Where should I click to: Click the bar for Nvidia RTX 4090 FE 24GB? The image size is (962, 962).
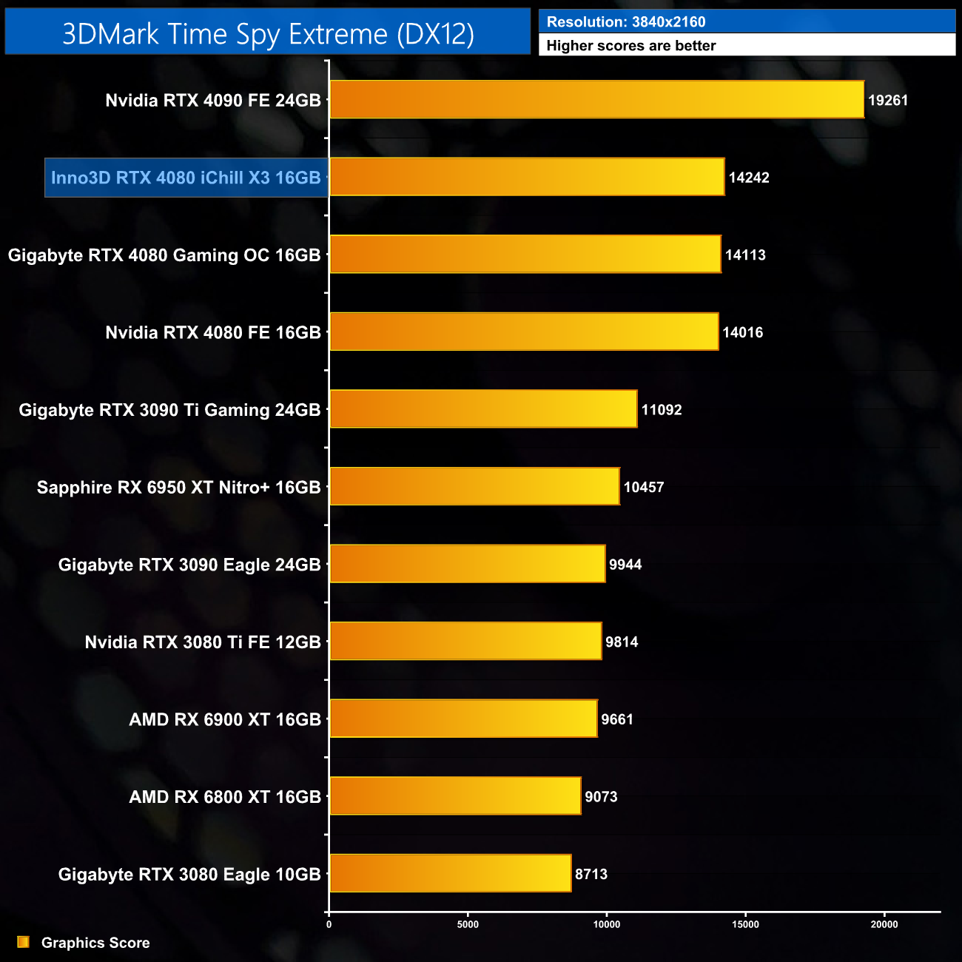[x=596, y=99]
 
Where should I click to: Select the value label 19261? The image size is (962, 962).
[x=887, y=101]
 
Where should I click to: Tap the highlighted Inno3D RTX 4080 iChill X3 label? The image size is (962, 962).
[x=186, y=178]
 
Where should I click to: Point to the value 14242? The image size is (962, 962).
[x=749, y=178]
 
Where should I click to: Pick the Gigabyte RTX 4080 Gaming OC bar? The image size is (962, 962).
[x=525, y=255]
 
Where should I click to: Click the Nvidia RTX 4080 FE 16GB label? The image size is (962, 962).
[x=213, y=332]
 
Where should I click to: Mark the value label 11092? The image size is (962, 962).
[x=661, y=410]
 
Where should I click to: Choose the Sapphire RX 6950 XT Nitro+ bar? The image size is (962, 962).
[x=474, y=487]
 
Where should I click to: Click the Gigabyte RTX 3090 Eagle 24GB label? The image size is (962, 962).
[x=189, y=565]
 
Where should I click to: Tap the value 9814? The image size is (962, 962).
[x=622, y=642]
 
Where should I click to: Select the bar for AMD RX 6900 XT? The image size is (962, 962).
[x=463, y=719]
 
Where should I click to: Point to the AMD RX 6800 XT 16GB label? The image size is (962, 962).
[x=225, y=797]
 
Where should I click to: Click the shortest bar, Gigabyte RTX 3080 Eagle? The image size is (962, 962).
[x=450, y=873]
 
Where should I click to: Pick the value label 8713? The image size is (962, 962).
[x=591, y=874]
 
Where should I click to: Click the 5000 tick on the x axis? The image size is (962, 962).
[x=468, y=924]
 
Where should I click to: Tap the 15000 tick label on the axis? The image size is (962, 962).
[x=745, y=924]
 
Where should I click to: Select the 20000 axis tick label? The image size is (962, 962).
[x=884, y=924]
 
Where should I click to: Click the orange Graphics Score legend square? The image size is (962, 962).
[x=24, y=942]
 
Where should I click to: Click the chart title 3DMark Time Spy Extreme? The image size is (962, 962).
[x=268, y=33]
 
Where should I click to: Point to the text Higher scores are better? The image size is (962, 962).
[x=631, y=46]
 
